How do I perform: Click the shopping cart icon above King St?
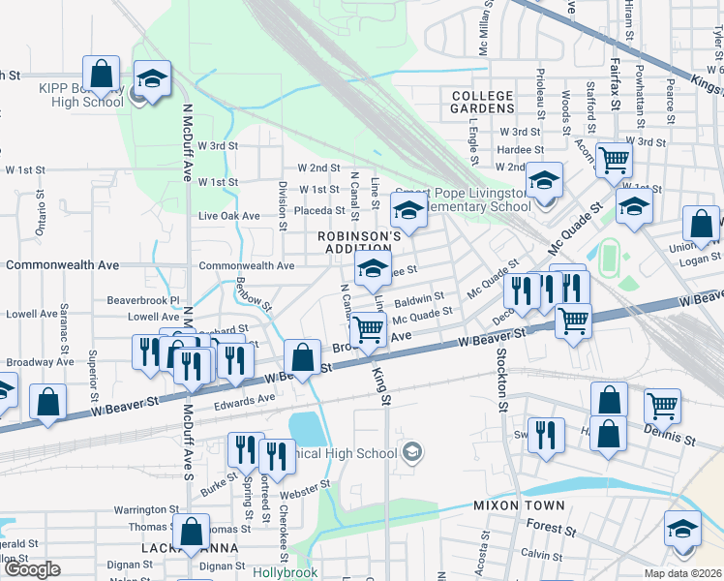pyautogui.click(x=368, y=330)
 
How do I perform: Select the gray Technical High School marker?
pyautogui.click(x=412, y=452)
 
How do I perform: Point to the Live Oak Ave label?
pyautogui.click(x=229, y=216)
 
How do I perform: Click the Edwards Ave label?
pyautogui.click(x=246, y=400)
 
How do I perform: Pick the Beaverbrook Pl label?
pyautogui.click(x=144, y=300)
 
